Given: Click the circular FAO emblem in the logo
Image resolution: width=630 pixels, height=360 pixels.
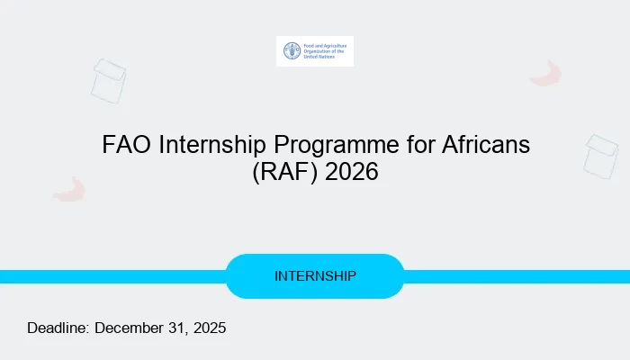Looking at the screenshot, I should click(x=292, y=51).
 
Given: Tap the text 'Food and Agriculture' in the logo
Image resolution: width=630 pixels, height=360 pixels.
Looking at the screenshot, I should click(x=322, y=43).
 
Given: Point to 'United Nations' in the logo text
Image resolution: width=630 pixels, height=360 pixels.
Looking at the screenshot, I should click(x=318, y=58).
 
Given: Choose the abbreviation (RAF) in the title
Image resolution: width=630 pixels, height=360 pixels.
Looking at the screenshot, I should click(x=284, y=171).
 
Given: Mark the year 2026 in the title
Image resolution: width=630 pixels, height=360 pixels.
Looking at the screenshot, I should click(x=352, y=171).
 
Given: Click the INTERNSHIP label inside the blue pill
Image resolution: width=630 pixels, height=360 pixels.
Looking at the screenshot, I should click(x=315, y=275).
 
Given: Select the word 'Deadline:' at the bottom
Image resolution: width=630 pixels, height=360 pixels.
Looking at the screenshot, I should click(x=58, y=328).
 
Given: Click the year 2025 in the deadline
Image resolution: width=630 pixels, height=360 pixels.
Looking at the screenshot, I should click(x=209, y=328).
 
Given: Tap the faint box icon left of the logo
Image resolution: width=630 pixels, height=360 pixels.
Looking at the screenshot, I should click(x=108, y=80).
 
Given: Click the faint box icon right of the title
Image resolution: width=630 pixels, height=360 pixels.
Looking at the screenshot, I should click(x=600, y=155).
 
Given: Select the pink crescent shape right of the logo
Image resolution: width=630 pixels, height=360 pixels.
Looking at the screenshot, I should click(x=546, y=74).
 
